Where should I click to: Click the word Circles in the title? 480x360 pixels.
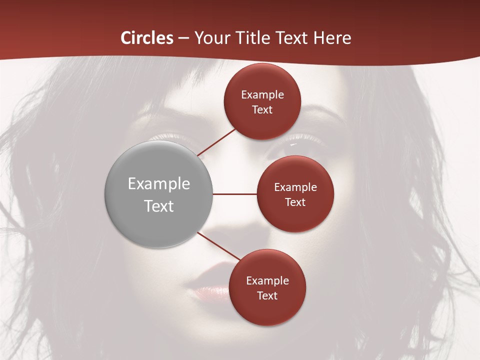tap(147, 38)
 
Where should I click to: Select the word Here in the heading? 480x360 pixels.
tap(332, 38)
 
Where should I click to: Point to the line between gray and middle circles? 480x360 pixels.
tap(234, 194)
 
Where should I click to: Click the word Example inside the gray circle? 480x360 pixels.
tap(159, 184)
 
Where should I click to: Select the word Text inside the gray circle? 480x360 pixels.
tap(159, 206)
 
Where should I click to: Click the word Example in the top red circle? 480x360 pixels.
tap(262, 95)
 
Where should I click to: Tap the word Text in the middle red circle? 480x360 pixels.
tap(295, 202)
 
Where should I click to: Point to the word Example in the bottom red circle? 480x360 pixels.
tap(267, 280)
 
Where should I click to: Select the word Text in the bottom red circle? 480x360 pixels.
tap(267, 295)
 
